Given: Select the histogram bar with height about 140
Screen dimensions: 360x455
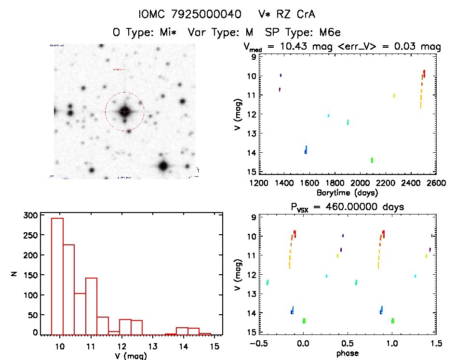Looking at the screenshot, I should (x=91, y=306).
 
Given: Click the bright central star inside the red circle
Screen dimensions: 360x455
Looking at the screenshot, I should (x=125, y=111).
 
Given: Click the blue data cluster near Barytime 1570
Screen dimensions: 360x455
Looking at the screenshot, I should (x=306, y=150).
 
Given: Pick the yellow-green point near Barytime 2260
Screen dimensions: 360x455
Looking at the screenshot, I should (x=394, y=95).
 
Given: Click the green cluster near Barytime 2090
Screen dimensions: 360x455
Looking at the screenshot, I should (x=372, y=160).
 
